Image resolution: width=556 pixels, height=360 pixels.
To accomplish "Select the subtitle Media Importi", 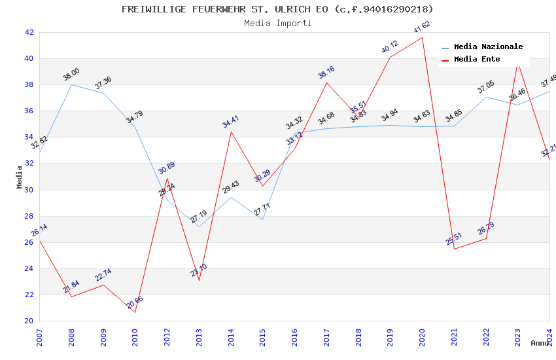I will click(277, 23).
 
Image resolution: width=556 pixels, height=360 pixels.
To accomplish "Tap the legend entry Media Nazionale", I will click(488, 47).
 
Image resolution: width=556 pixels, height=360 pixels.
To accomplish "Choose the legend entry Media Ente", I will click(476, 60).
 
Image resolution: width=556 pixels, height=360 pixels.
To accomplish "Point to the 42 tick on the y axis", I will click(29, 32).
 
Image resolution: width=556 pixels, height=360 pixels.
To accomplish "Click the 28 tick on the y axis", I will click(29, 216).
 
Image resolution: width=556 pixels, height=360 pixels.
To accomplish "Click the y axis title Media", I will click(20, 177).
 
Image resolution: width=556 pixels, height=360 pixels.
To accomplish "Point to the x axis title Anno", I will click(540, 343).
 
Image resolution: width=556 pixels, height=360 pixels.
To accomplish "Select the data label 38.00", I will click(71, 74).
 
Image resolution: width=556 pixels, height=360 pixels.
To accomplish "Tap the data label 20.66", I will click(135, 302).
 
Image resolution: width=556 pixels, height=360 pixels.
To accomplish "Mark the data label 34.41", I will click(231, 121).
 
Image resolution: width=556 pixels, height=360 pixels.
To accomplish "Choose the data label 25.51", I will click(454, 239).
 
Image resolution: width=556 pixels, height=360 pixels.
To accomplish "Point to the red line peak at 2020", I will click(422, 37).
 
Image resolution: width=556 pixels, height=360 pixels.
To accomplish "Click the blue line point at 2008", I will click(71, 84).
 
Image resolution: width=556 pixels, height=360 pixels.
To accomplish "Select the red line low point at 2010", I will click(135, 312).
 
